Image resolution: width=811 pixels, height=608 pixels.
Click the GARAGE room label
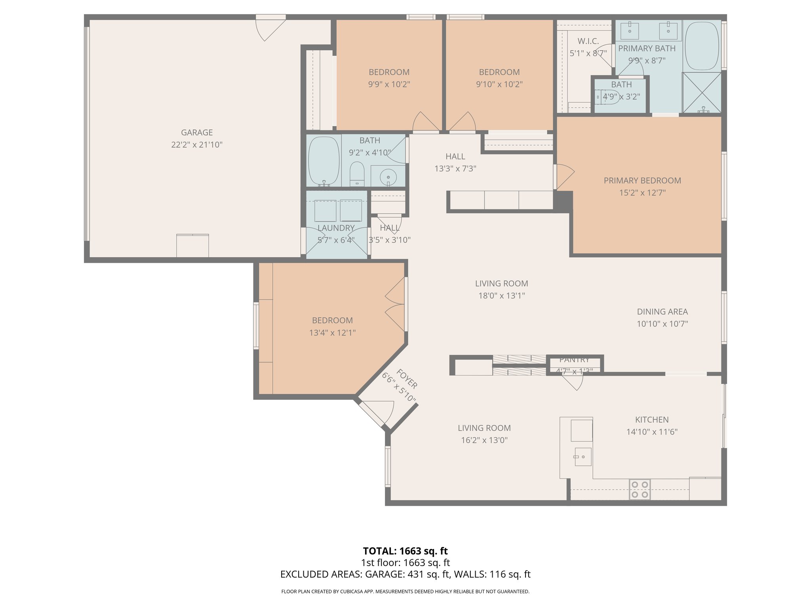tap(197, 133)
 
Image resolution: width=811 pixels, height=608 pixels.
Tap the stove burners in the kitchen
tap(640, 489)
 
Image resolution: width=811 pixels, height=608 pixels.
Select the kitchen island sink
tap(583, 457)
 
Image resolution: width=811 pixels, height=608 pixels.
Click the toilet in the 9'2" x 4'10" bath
tap(357, 174)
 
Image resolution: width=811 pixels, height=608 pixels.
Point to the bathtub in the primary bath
tap(702, 46)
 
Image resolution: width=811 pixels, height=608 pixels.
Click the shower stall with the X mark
tap(702, 93)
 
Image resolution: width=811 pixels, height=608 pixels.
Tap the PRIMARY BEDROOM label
tap(642, 180)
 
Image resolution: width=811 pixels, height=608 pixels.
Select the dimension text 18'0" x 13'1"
tap(501, 296)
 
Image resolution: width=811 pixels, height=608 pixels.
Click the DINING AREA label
tap(662, 312)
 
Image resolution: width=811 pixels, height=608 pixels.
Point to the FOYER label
tap(407, 379)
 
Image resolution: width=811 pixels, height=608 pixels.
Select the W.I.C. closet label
tap(588, 41)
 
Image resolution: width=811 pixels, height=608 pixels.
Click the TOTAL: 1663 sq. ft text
tap(405, 551)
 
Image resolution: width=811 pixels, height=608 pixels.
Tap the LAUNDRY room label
tap(336, 228)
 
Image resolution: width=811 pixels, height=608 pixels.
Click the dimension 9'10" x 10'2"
tap(499, 84)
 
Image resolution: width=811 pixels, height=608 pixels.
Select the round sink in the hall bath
tap(388, 177)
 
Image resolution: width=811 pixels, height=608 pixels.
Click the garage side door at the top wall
tap(271, 28)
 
